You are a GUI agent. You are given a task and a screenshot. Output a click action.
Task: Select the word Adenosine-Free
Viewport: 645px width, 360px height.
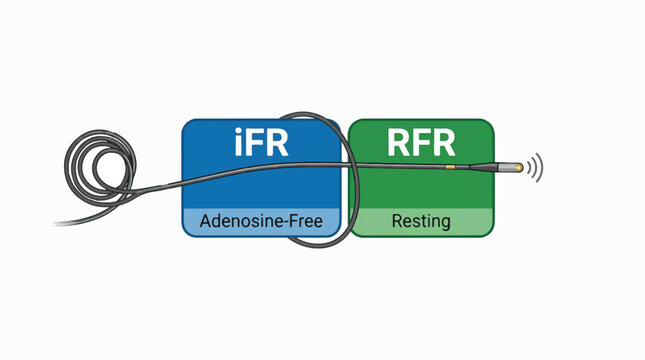click(x=262, y=220)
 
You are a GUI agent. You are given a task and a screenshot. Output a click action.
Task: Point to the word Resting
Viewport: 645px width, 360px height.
click(x=422, y=220)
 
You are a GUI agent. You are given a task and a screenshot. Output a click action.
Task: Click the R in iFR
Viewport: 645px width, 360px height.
click(x=279, y=143)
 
